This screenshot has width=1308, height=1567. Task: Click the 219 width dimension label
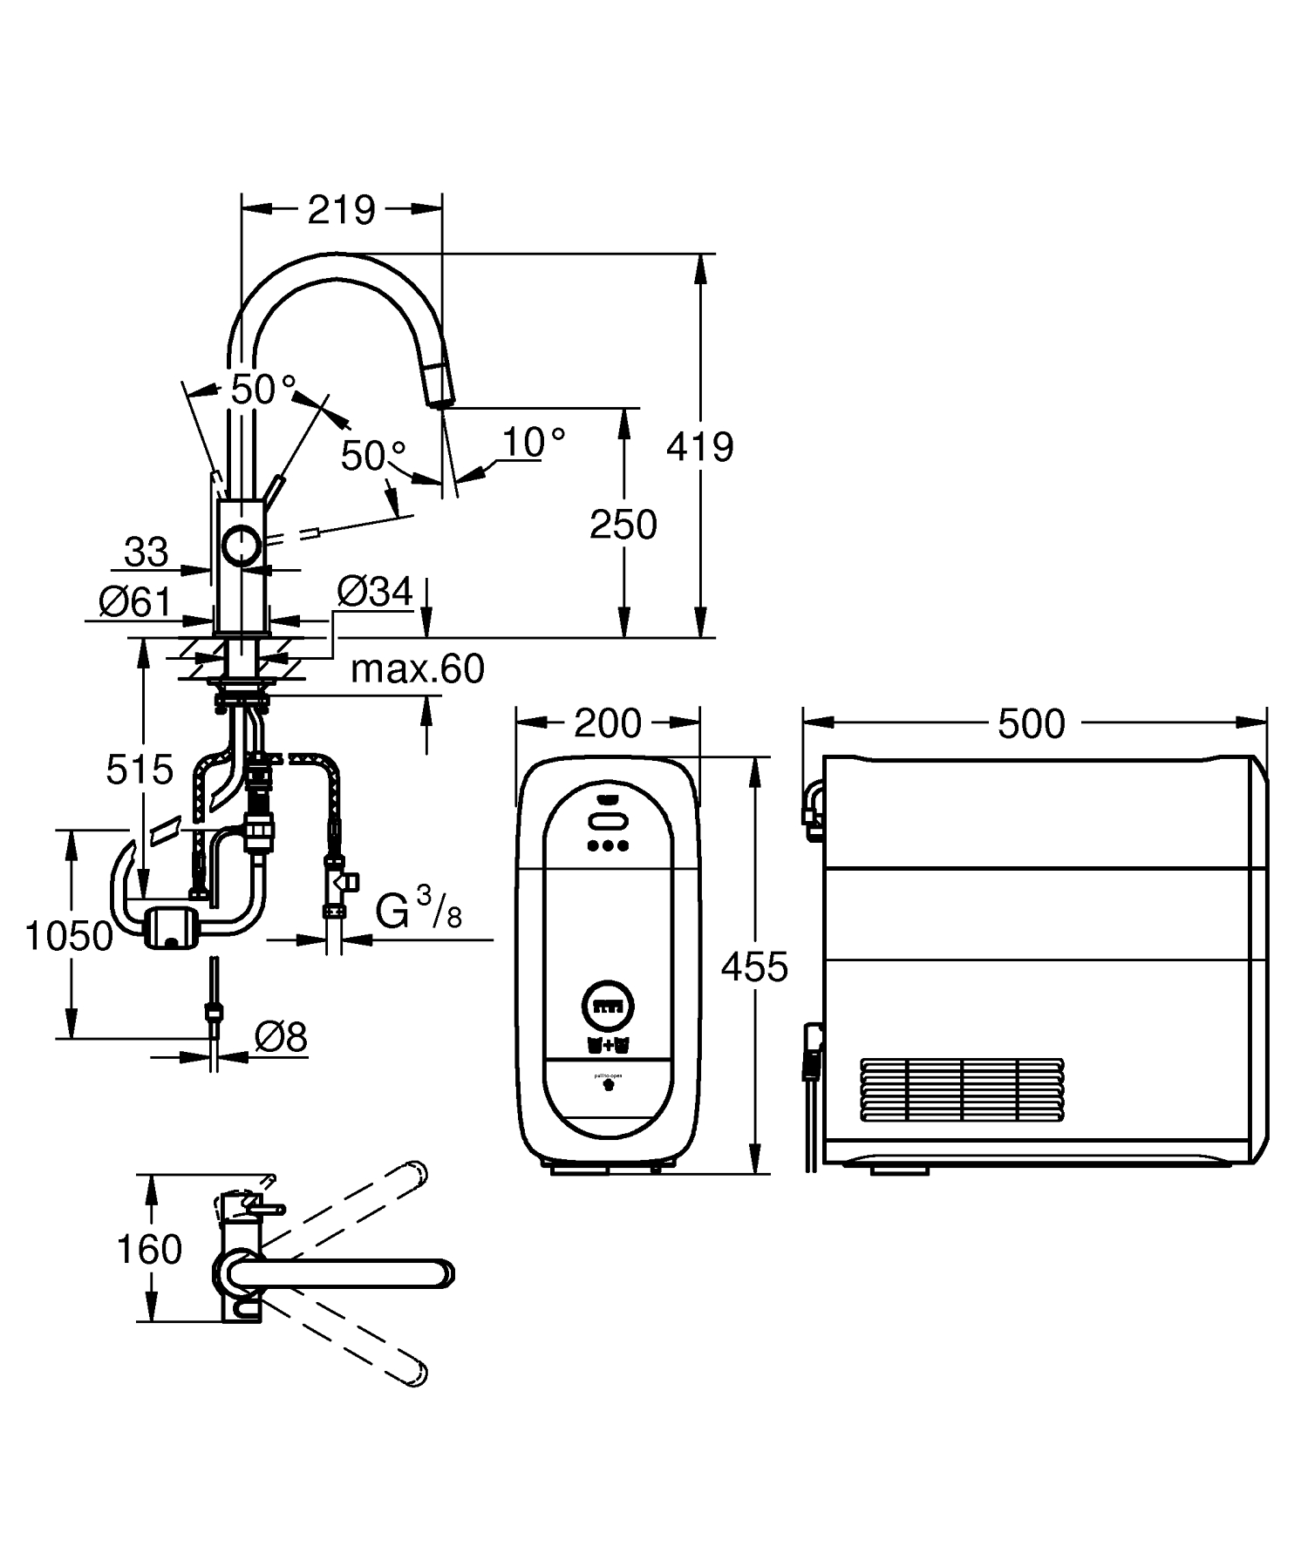point(341,210)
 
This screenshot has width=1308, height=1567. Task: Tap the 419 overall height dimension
point(699,447)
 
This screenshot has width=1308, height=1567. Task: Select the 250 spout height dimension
point(623,525)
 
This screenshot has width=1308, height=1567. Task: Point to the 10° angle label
point(534,443)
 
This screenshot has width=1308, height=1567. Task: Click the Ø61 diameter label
point(134,600)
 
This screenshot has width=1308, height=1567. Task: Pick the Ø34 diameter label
point(374,593)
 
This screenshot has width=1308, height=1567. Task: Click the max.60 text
point(417,669)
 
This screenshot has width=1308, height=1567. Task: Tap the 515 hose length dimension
point(140,770)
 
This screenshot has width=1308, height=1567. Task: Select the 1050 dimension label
point(69,936)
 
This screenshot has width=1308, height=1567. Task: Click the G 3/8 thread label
point(419,911)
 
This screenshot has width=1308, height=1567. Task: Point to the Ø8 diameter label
point(281,1037)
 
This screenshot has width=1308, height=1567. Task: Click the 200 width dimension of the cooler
point(608,723)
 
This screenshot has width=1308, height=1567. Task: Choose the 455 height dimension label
point(755,967)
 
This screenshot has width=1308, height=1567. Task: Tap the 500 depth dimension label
point(1031,724)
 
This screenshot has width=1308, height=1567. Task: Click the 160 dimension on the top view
point(149,1249)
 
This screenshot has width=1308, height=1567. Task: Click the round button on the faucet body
point(240,545)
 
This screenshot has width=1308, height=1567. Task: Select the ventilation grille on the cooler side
point(962,1089)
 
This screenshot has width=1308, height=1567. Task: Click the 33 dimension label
point(146,552)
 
